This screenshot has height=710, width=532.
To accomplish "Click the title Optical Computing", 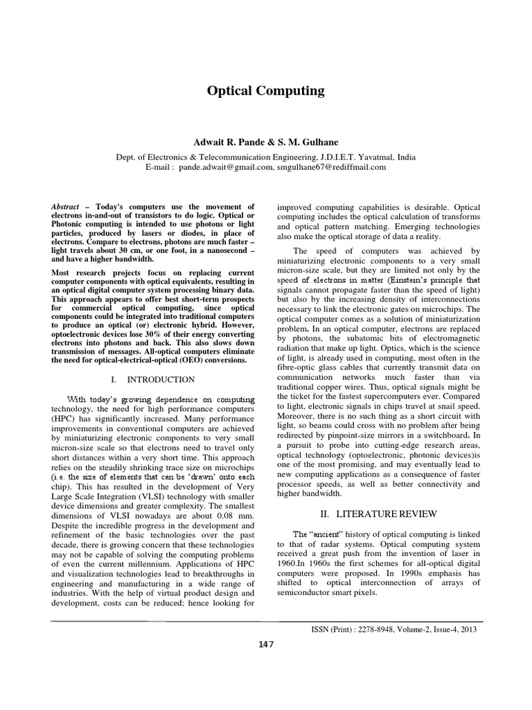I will pyautogui.click(x=266, y=91).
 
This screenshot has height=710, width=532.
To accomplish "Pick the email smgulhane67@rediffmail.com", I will pyautogui.click(x=330, y=167).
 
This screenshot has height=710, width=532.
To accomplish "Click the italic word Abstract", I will pyautogui.click(x=66, y=207).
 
